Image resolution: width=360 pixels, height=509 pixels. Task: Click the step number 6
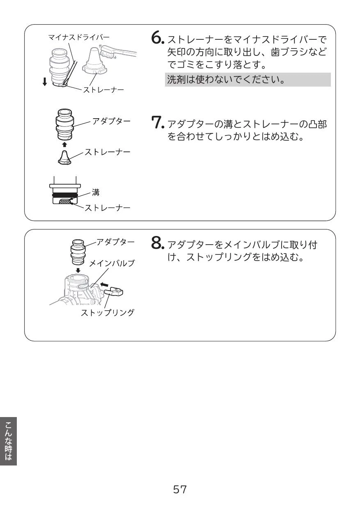157,37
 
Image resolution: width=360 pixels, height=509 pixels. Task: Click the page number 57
180,489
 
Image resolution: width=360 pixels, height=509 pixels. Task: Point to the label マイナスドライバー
79,37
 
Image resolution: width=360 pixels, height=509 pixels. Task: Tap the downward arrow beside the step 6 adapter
45,82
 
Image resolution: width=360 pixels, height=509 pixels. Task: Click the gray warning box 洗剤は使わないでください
248,80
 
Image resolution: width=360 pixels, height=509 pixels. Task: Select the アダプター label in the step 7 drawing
111,121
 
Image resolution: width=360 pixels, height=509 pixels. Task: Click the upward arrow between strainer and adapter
64,144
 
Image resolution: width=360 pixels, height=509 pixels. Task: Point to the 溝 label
96,193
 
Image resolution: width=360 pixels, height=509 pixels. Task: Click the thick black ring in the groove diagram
65,195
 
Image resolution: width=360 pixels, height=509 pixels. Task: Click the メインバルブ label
112,264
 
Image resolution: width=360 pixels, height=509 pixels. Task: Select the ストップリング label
107,313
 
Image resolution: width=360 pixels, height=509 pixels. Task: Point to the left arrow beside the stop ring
104,284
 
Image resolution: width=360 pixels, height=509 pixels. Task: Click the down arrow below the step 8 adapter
78,271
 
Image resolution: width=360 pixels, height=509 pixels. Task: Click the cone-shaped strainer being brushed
94,61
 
